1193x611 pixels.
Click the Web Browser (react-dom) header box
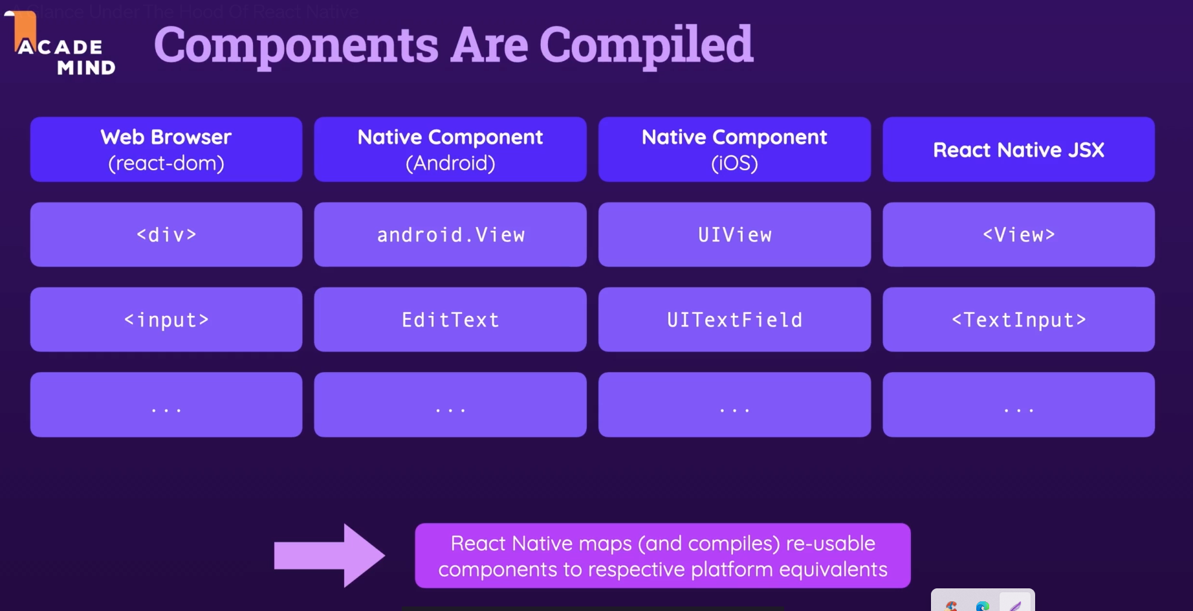166,150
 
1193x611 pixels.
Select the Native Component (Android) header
450,150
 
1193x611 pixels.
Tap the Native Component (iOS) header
734,150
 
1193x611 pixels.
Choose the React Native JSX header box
1018,150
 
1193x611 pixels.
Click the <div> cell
166,234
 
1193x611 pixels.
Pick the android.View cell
450,234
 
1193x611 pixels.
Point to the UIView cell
734,234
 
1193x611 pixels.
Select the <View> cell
1018,234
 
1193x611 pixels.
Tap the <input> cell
166,320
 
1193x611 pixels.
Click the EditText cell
450,320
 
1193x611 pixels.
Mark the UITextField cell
734,320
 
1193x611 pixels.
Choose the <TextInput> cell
1018,320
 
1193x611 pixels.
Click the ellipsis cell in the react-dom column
166,405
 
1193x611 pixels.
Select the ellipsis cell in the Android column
450,405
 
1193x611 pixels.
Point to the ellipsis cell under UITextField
734,405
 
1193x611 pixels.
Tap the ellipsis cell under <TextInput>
1018,405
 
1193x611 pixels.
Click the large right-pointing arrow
329,555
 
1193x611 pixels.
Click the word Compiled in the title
646,45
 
